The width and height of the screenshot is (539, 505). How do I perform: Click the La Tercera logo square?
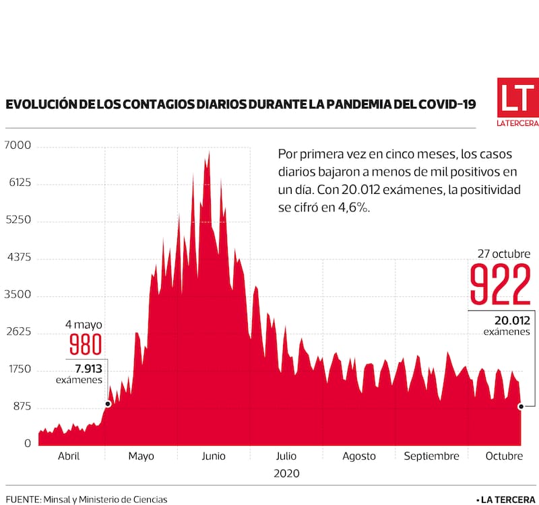[517, 99]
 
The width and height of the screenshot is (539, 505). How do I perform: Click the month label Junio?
[214, 456]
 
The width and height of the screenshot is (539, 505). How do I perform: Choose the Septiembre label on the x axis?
[431, 456]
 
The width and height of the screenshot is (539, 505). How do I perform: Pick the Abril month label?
[69, 456]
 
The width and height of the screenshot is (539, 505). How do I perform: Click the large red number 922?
[500, 285]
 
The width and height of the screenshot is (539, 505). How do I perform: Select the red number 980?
[86, 345]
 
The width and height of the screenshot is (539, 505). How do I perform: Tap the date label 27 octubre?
[504, 254]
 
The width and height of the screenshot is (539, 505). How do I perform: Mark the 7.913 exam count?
[85, 368]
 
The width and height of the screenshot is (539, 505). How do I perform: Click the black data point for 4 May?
[108, 404]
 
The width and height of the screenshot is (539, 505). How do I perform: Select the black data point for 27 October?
[521, 407]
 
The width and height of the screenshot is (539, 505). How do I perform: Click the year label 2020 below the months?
[287, 473]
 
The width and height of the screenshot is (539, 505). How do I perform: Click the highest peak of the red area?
[209, 153]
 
